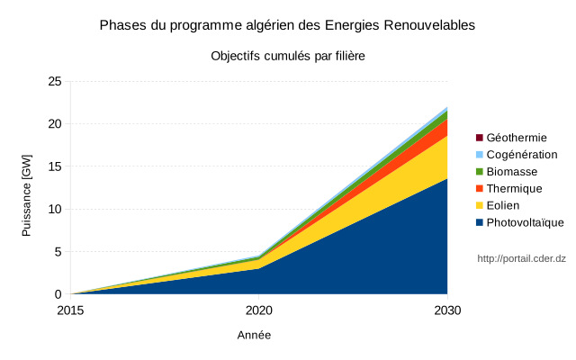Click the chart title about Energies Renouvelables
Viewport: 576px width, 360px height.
click(x=287, y=25)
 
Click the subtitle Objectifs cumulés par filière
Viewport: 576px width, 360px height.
click(x=287, y=56)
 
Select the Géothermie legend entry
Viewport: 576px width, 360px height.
click(x=516, y=138)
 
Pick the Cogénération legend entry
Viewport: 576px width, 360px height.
click(x=521, y=155)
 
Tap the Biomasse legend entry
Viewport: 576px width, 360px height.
click(x=511, y=172)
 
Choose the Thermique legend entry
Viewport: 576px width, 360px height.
click(x=514, y=189)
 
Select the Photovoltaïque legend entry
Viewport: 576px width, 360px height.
click(x=525, y=223)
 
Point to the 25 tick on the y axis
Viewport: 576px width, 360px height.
click(x=54, y=81)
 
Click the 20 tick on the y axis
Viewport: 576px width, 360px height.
click(x=54, y=124)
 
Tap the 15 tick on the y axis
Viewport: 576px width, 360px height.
click(x=54, y=166)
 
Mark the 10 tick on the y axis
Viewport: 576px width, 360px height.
click(x=54, y=209)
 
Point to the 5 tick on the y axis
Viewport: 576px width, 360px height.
click(x=58, y=252)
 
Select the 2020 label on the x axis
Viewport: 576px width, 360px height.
click(x=259, y=310)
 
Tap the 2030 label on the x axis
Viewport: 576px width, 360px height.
click(x=447, y=310)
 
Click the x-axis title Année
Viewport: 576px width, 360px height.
click(x=254, y=335)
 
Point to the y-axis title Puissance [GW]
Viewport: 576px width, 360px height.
click(x=27, y=195)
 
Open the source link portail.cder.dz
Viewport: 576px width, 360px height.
click(x=521, y=259)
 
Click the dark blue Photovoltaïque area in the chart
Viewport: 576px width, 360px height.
click(x=360, y=261)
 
